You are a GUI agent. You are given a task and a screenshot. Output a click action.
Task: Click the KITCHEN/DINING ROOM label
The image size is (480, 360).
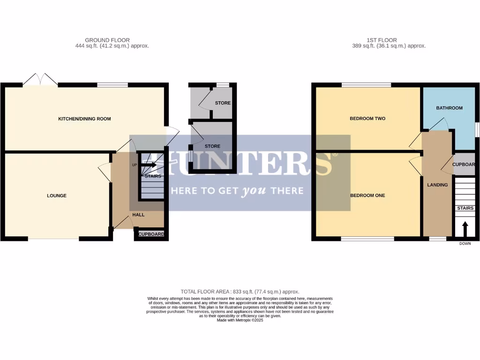(84, 119)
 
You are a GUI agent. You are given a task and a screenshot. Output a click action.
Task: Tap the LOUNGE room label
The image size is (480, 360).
(56, 195)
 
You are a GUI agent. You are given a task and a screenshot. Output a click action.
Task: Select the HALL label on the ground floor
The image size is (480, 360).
(138, 215)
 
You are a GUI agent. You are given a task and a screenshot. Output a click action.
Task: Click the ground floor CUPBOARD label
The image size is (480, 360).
(151, 234)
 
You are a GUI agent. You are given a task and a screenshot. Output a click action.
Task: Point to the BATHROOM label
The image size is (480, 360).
(449, 108)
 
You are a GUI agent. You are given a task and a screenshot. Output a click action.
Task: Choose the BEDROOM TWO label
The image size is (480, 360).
(367, 119)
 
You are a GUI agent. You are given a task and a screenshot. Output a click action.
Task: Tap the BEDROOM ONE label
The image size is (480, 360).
(367, 195)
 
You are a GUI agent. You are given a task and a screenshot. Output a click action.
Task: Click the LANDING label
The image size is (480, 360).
(437, 185)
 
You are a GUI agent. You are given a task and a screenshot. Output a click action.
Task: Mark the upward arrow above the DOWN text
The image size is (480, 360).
(465, 229)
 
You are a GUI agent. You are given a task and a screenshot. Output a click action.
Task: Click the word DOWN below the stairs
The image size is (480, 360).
(465, 244)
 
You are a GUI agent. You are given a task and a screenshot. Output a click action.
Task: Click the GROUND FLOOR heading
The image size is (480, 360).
(107, 40)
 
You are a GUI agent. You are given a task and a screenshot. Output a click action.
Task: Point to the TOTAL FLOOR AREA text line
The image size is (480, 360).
(240, 292)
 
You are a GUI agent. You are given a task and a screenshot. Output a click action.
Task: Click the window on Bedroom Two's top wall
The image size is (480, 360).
(366, 85)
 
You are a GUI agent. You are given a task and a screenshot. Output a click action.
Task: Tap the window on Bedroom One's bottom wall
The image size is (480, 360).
(367, 239)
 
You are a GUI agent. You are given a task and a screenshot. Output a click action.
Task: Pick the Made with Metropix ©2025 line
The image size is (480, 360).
(240, 320)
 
